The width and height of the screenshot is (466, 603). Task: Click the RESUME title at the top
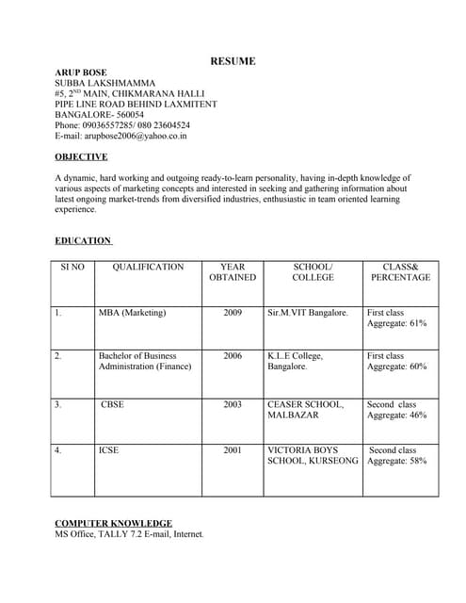point(233,61)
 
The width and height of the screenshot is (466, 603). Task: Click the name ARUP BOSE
point(81,73)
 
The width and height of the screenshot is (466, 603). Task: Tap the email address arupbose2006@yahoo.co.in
point(121,136)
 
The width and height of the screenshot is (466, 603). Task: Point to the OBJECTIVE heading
point(81,157)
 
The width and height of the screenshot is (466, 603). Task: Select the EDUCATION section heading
point(83,241)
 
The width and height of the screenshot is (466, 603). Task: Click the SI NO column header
point(72,268)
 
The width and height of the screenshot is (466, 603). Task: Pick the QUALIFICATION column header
point(148,268)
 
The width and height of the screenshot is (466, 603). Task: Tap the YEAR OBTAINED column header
point(232,272)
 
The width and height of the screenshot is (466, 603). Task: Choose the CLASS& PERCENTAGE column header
point(400,272)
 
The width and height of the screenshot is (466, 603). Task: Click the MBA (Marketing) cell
point(132,313)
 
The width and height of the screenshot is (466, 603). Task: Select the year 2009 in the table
point(233,313)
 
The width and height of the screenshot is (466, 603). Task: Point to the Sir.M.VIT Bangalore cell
point(308,313)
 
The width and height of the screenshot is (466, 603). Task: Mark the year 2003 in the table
point(233,405)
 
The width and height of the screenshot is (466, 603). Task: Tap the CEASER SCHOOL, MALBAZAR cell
point(306,410)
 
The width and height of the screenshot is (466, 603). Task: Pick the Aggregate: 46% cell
point(396,416)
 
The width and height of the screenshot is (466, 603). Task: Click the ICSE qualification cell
point(109,450)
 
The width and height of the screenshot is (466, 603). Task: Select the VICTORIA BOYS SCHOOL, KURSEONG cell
point(313,456)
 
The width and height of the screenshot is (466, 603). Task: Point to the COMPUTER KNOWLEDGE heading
point(113,524)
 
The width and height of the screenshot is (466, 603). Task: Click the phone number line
point(122,125)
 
